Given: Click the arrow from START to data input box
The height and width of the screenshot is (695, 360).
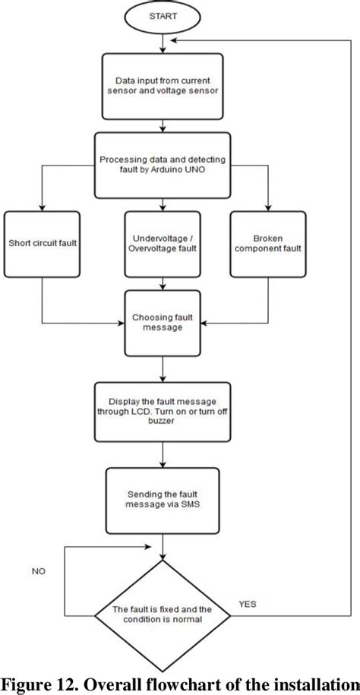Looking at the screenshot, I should click(165, 44).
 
